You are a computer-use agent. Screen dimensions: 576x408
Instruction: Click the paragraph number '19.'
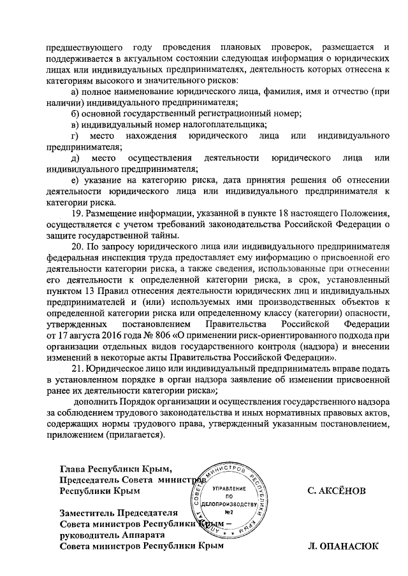pos(78,213)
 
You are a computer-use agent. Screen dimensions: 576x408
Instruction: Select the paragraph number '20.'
pos(78,246)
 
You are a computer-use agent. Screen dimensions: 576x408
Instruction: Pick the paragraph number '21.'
pos(78,368)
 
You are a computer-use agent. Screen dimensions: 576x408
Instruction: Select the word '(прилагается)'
pos(136,434)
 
